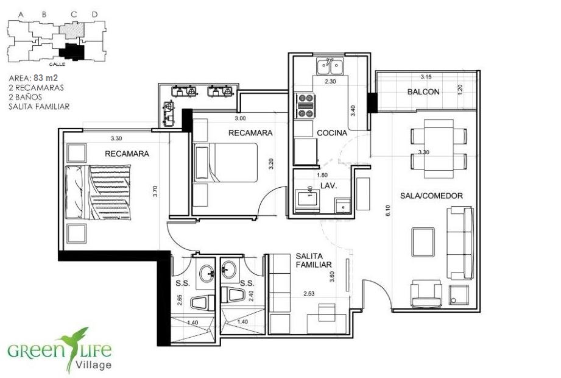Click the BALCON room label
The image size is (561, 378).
point(423,91)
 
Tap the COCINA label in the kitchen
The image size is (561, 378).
point(332,133)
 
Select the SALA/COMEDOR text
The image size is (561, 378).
point(431,196)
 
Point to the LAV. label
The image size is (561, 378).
point(329,186)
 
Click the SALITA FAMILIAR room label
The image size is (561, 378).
point(314,260)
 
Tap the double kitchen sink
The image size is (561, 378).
point(330,66)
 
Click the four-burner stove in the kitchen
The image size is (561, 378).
point(306,105)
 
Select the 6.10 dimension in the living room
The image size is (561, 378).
point(388,210)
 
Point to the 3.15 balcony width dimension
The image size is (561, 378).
point(426,77)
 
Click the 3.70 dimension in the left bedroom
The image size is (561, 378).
point(155,191)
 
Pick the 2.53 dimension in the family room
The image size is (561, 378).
point(309,293)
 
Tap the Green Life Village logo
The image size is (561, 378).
point(60,351)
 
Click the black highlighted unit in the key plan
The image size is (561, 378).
point(72,52)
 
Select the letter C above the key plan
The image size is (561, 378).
point(74,15)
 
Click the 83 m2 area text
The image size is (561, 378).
point(46,77)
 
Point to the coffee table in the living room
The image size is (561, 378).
point(423,242)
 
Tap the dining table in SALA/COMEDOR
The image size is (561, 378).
point(439,149)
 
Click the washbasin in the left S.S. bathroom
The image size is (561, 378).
point(206,274)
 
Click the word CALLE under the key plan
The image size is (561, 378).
point(57,65)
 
